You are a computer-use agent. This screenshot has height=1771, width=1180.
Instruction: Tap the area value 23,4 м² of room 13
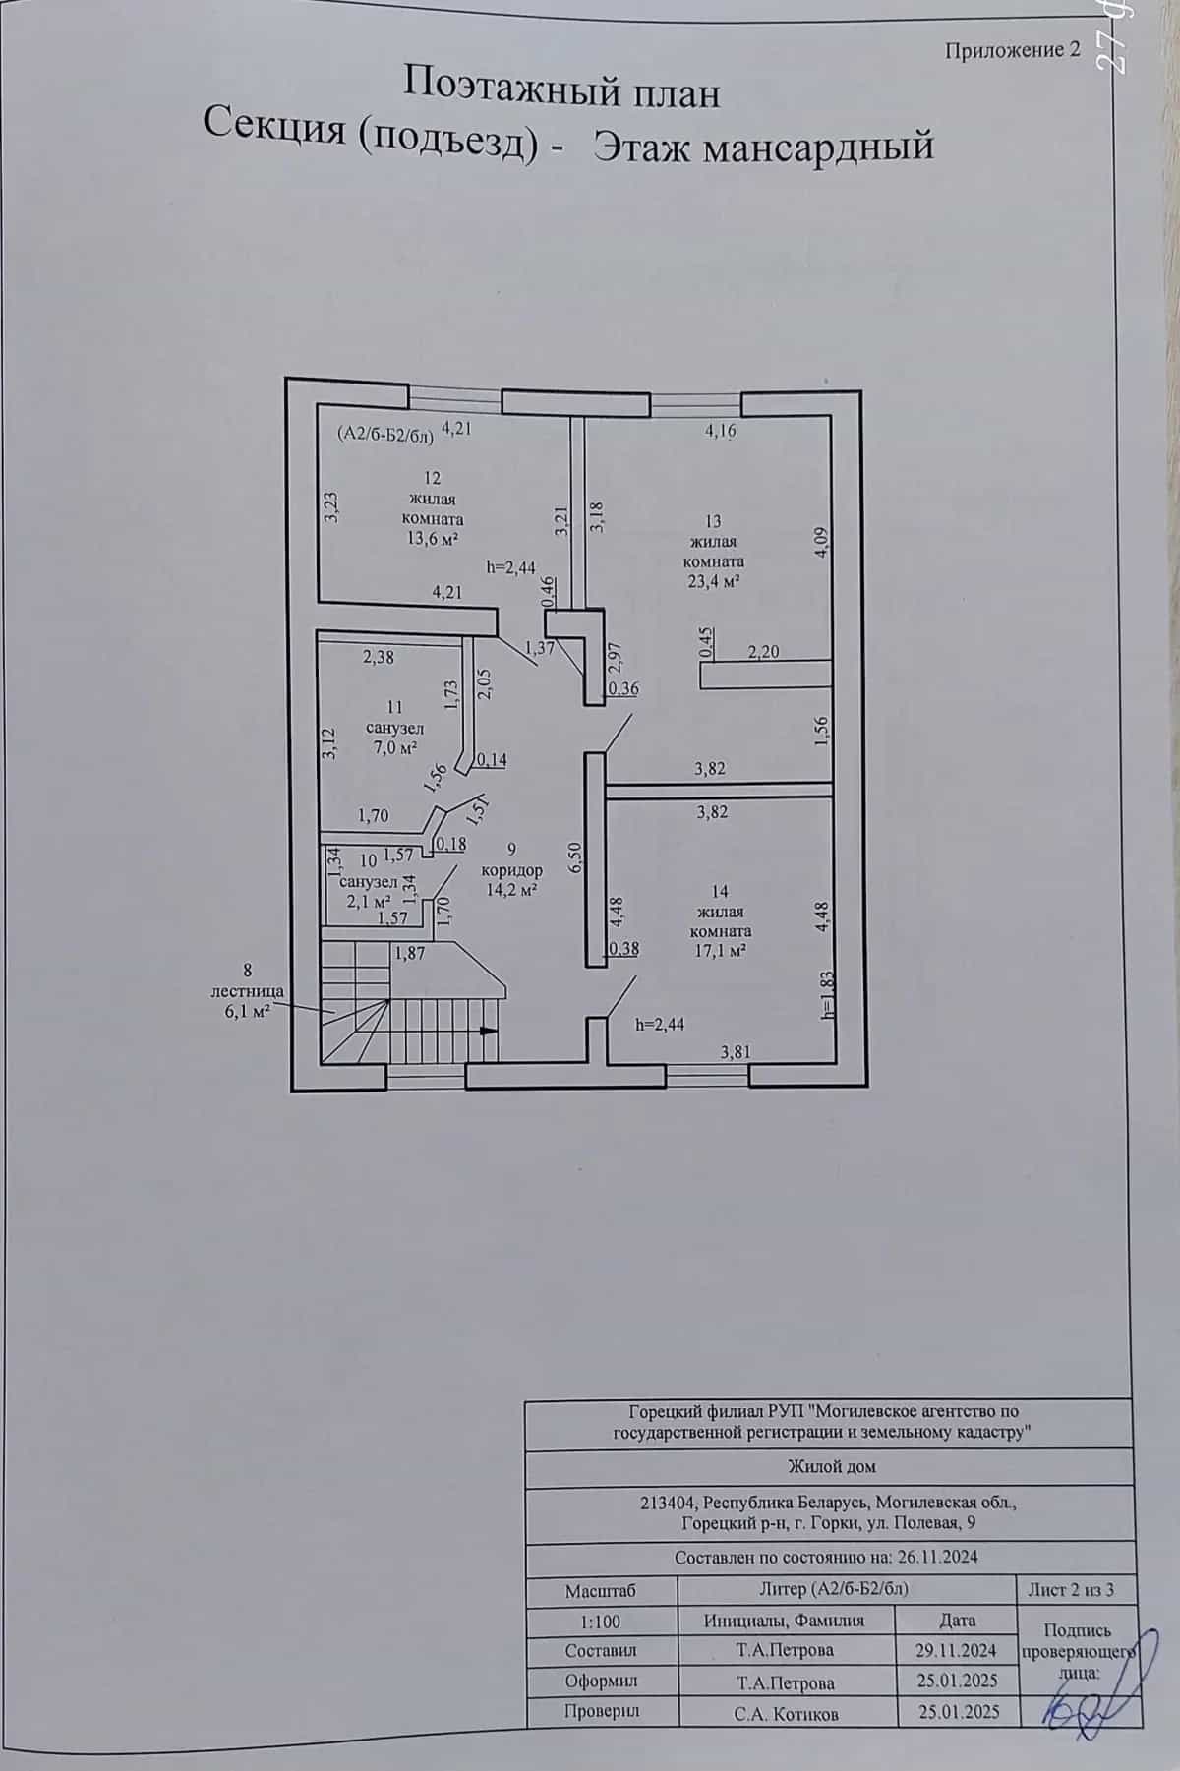click(x=713, y=581)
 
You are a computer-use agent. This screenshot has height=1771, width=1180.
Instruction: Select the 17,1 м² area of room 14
click(x=720, y=950)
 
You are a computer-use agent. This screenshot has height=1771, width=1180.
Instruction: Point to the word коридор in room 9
click(x=511, y=870)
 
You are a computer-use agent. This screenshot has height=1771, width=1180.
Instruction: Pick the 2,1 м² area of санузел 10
click(x=370, y=900)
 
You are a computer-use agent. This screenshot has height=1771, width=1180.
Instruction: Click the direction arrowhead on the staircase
click(x=488, y=1031)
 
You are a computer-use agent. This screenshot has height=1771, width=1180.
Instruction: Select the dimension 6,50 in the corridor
click(x=577, y=856)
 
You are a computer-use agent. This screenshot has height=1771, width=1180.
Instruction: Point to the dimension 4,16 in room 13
click(x=720, y=430)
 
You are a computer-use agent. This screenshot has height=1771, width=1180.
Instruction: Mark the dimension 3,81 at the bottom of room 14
click(x=736, y=1051)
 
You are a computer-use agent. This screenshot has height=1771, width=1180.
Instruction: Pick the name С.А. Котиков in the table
click(x=785, y=1712)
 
